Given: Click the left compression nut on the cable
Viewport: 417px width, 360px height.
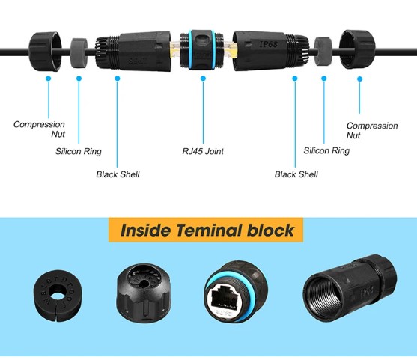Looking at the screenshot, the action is coord(45,52).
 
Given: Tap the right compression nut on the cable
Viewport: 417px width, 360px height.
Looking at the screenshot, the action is coord(357,49).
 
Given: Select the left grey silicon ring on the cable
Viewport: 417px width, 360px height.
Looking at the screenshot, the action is coord(79,52).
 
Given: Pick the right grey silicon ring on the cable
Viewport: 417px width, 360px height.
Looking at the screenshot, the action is coord(323,52).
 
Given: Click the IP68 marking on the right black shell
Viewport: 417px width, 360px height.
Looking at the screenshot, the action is coord(268,44).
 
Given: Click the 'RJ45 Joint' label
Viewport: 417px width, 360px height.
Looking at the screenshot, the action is coord(203,151).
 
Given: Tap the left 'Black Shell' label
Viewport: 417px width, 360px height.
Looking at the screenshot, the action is coord(118,174).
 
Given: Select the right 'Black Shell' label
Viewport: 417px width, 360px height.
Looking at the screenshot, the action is coord(296,174).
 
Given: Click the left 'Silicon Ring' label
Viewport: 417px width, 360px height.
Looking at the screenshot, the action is coord(79,151).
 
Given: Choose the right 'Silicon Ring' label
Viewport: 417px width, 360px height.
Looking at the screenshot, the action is coord(326,150).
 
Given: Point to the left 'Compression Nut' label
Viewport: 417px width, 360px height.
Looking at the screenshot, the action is coord(39,129).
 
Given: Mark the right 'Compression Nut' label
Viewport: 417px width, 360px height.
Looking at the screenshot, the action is coord(372,130).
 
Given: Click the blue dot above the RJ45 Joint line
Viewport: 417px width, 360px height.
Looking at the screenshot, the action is coord(203,79).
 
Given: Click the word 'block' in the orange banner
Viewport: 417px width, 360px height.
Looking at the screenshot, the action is coord(270,231).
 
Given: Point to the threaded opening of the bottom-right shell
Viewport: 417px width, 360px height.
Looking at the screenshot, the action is coord(323,297).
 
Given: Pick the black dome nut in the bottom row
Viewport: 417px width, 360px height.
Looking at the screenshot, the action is coord(144,292).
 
